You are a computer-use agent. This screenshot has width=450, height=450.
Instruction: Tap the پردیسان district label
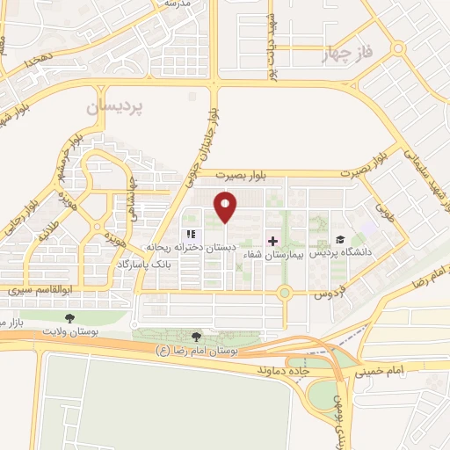click(115, 108)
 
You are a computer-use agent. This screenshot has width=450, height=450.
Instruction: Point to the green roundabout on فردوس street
click(285, 294)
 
